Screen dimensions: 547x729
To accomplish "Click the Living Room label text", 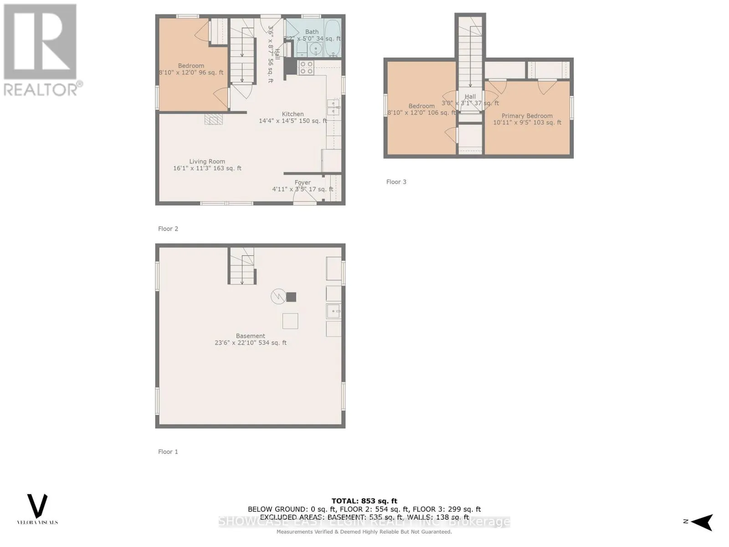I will tap(207, 161).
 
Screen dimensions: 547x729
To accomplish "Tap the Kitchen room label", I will tap(293, 114).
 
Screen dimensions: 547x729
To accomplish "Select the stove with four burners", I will tap(306, 68).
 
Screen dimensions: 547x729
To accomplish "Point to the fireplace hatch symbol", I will tap(213, 119).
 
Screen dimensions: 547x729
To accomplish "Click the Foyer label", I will tap(303, 182).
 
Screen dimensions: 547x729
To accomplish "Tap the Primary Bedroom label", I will tap(527, 116).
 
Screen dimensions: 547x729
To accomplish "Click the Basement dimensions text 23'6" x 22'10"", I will tap(236, 343).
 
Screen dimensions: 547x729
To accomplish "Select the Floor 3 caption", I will tap(396, 182).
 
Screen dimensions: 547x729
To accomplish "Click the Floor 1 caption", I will tap(168, 452).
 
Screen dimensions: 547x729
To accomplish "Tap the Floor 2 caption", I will tap(168, 229).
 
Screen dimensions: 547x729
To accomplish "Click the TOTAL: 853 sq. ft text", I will tap(364, 501).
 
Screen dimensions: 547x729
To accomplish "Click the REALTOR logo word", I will tap(41, 89).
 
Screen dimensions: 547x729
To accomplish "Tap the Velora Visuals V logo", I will tap(37, 506).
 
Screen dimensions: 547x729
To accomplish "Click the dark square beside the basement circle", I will tap(291, 297).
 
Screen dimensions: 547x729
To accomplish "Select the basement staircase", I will tap(241, 266).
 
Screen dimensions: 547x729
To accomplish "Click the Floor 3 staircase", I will tap(470, 55).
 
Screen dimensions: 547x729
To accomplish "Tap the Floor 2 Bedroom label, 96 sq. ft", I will tap(191, 66).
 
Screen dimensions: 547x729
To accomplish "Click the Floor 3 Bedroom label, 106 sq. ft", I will tap(421, 106).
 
